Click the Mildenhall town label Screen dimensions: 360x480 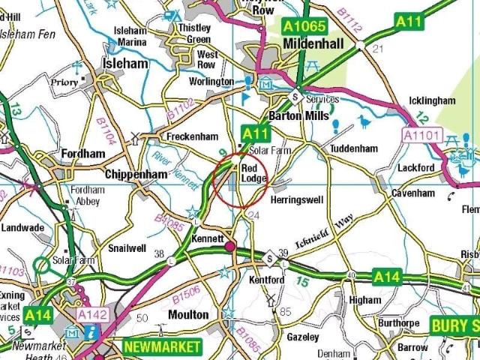[313, 44]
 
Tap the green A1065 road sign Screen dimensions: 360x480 [304, 26]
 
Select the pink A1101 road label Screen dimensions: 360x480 [421, 135]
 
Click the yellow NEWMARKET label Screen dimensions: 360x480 [162, 346]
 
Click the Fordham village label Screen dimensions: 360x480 [83, 153]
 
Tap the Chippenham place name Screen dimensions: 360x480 [135, 174]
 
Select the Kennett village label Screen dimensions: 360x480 [208, 238]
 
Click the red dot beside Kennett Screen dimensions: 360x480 [229, 246]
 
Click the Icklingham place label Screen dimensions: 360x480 [433, 100]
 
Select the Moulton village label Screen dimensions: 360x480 [188, 315]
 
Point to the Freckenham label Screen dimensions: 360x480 [192, 136]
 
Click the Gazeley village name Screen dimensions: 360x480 [303, 337]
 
